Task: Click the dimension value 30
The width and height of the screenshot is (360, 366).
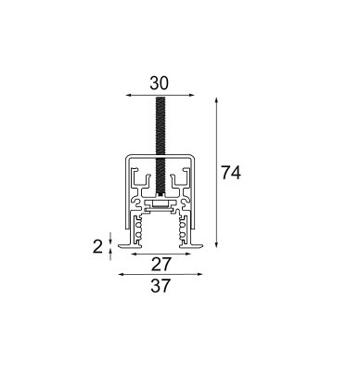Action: coord(160,82)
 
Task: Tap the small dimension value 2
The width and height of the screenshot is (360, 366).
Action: coord(96,245)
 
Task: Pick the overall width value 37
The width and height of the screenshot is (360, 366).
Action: coord(160,287)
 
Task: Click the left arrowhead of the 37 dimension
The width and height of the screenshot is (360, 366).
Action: coord(119,275)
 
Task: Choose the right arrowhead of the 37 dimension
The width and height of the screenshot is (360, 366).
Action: coord(201,275)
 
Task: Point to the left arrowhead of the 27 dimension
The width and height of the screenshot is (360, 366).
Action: coord(134,252)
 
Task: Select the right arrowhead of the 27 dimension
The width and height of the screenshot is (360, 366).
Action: coord(186,252)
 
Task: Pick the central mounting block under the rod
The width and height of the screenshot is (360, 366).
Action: coord(161,201)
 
